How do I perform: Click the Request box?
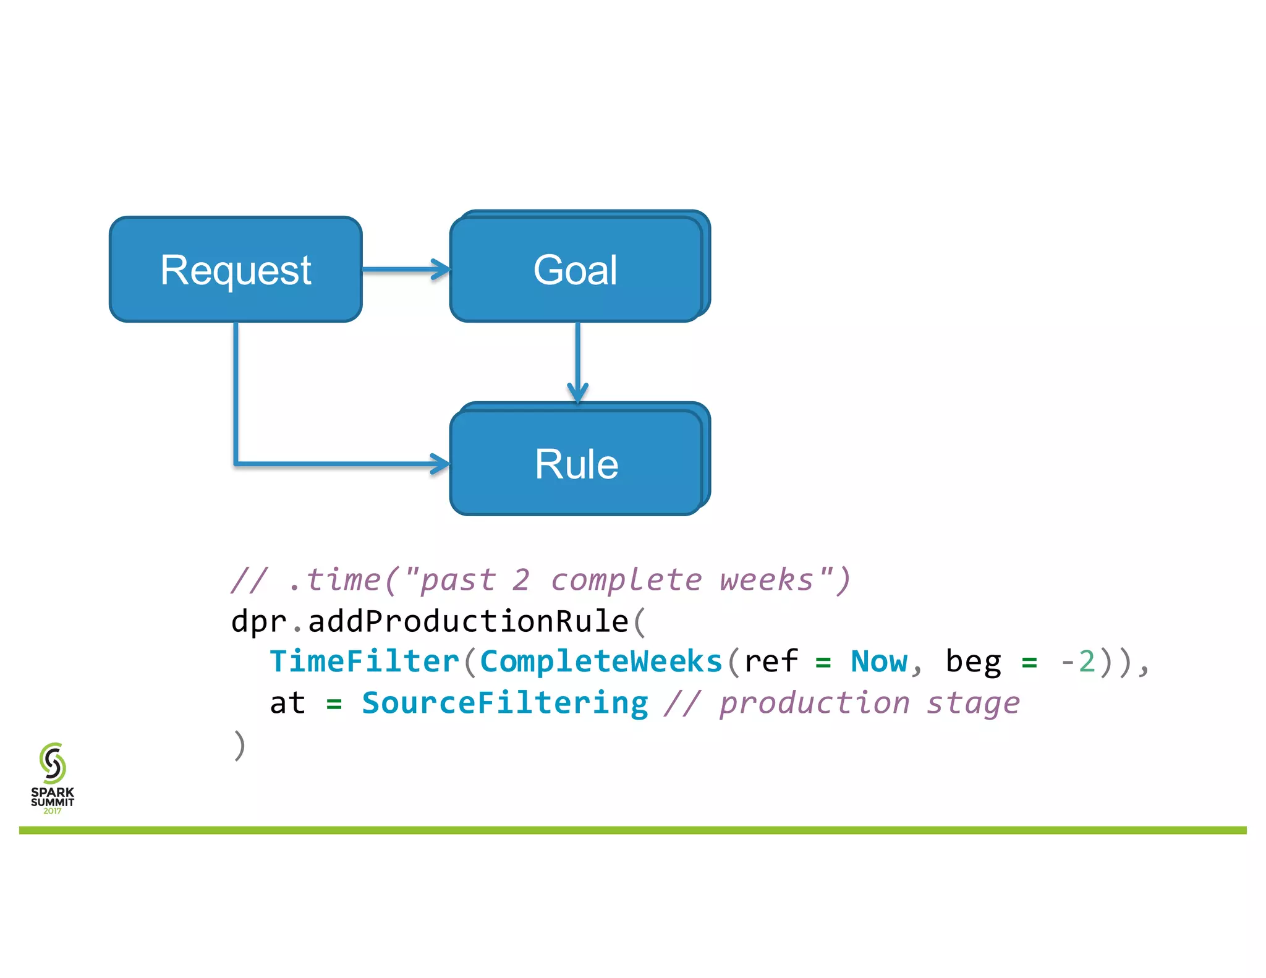(236, 270)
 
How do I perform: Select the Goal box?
(576, 270)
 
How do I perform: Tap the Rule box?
(576, 463)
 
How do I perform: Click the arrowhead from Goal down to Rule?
(577, 393)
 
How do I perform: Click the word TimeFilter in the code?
(365, 661)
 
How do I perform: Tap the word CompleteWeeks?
(601, 661)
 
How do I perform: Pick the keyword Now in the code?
(878, 661)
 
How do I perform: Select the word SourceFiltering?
(504, 703)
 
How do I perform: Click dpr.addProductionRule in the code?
(430, 621)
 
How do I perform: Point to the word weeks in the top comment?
(767, 580)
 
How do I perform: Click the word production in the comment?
(815, 703)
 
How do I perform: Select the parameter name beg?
(973, 661)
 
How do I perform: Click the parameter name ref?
(770, 661)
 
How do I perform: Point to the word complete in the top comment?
(626, 580)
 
